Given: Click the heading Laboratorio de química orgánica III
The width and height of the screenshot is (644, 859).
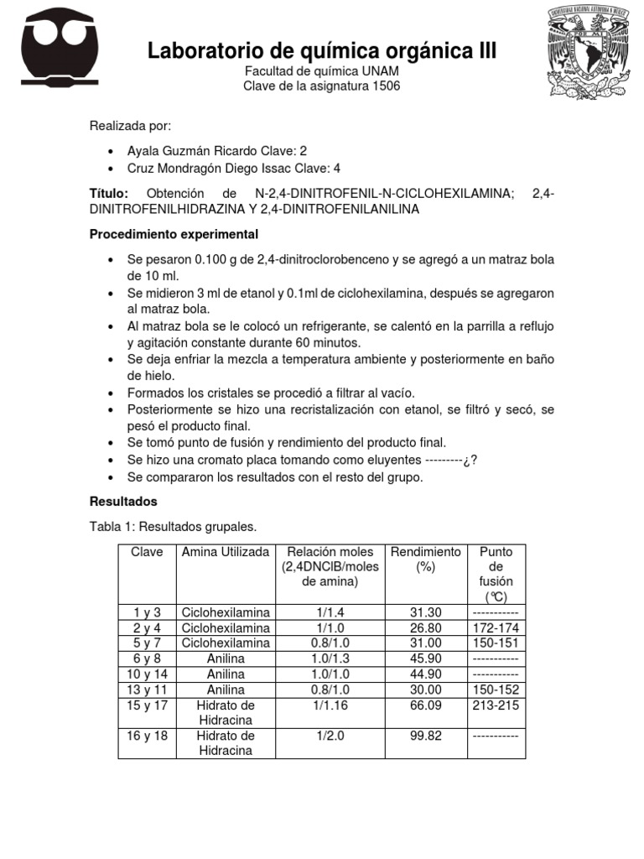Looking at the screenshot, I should click(322, 51).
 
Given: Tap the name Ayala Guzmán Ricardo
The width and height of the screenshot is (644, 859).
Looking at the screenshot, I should click(189, 151).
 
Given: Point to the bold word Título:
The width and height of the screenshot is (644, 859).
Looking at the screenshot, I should click(109, 194).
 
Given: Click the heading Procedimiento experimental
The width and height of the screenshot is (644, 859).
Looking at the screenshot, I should click(174, 234).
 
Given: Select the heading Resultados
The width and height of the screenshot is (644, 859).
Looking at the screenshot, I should click(123, 502).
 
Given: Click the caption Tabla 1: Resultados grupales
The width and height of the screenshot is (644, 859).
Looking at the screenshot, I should click(173, 527).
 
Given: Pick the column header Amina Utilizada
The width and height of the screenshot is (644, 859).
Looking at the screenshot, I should click(226, 552).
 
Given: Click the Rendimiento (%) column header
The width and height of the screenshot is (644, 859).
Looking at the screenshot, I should click(425, 559).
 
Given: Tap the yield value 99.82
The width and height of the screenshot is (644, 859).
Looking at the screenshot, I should click(425, 736).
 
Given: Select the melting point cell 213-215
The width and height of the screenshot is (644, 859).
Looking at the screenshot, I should click(496, 705).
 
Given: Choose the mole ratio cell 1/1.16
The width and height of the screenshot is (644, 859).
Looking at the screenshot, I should click(330, 705).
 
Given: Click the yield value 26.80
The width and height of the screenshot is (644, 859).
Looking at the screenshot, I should click(425, 627).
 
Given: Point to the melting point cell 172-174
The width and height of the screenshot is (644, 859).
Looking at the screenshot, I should click(496, 627).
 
